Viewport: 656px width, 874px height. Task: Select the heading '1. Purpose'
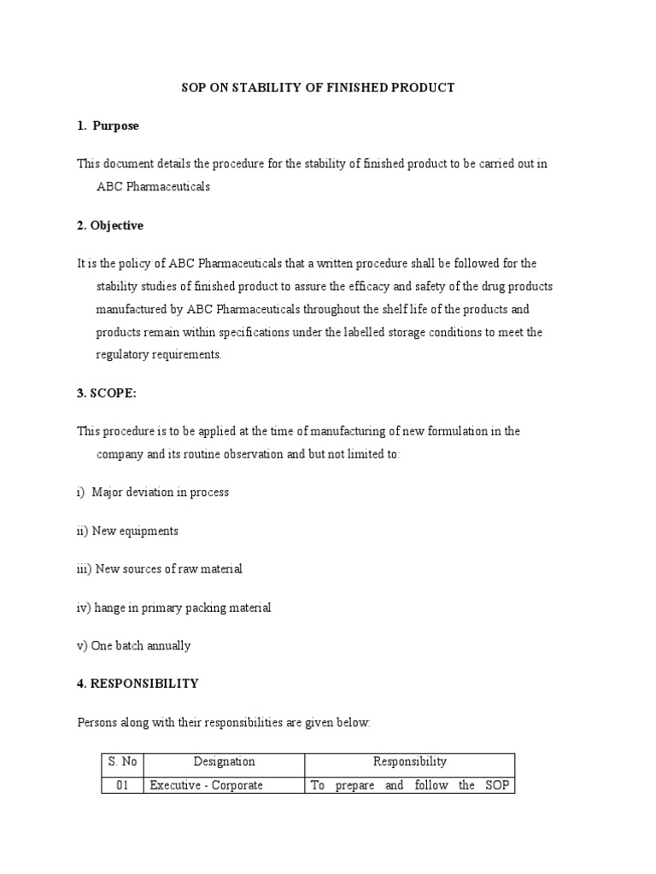pos(108,125)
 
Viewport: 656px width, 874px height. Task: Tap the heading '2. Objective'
pos(110,225)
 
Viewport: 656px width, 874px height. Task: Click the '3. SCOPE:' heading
pos(107,393)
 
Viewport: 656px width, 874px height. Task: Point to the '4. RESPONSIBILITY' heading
pos(138,684)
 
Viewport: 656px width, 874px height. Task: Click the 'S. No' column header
pos(124,761)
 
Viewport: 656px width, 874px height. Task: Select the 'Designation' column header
pos(225,761)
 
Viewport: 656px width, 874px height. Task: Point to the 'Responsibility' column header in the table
pos(410,761)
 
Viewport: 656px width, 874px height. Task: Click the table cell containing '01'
pos(122,785)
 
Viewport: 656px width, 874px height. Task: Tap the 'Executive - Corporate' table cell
pos(205,785)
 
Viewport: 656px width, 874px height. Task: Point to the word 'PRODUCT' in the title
pos(424,87)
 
